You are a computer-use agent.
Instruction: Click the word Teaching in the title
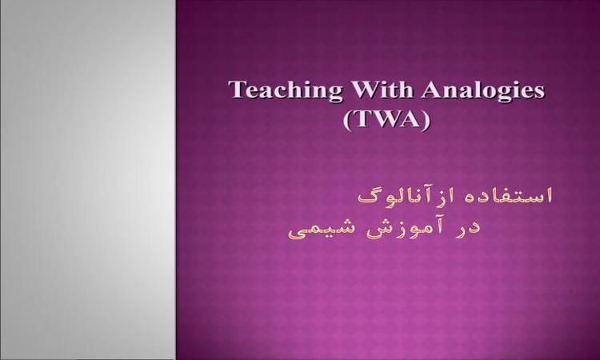tap(285, 91)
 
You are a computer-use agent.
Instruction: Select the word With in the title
tap(382, 90)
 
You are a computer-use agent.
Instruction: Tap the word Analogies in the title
tap(484, 91)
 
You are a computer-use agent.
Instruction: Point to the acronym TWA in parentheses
tap(386, 119)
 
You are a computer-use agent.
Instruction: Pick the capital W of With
tap(365, 90)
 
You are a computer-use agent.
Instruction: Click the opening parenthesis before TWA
tap(347, 121)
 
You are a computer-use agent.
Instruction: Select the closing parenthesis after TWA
tap(426, 121)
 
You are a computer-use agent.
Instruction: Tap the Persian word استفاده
tap(506, 195)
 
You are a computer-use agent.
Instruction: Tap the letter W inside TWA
tap(386, 119)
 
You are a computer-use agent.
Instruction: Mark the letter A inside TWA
tap(411, 119)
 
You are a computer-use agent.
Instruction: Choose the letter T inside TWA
tap(362, 119)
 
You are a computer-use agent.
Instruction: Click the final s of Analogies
tap(540, 93)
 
